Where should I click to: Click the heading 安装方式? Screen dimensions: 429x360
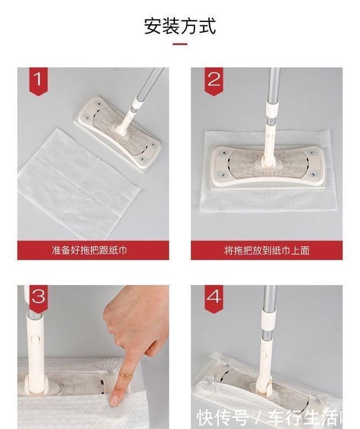coord(180,26)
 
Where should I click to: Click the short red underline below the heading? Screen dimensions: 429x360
coord(180,44)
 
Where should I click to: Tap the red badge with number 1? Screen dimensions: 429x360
coord(38,80)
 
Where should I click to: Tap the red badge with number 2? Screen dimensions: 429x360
coord(214,80)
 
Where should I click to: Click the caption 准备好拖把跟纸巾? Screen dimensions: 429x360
coord(93,250)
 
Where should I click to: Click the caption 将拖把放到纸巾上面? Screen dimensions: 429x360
coord(267,250)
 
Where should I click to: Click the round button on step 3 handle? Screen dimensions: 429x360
coord(35,340)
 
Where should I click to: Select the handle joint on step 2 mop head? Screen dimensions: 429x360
coord(269,161)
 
